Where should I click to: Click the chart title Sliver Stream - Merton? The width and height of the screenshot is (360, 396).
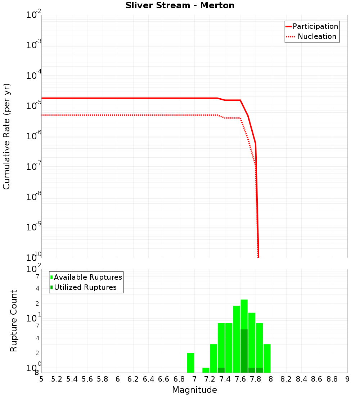[180, 5]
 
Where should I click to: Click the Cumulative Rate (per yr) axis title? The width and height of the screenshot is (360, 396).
[6, 136]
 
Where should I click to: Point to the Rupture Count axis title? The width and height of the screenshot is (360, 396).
[14, 321]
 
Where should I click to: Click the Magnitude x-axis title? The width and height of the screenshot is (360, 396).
[194, 390]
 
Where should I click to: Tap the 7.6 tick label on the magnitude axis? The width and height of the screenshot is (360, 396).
[240, 379]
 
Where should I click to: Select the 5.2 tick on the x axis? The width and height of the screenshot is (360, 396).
[57, 379]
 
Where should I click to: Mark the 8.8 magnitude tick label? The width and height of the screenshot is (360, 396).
[332, 379]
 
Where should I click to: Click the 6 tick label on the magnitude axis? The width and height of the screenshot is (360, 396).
[118, 379]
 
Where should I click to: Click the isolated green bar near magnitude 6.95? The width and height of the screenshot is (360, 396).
[190, 363]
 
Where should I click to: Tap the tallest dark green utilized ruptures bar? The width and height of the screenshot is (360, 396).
[244, 351]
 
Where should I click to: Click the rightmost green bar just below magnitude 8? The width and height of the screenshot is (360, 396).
[267, 358]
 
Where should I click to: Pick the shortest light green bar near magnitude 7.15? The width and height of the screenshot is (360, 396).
[206, 370]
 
